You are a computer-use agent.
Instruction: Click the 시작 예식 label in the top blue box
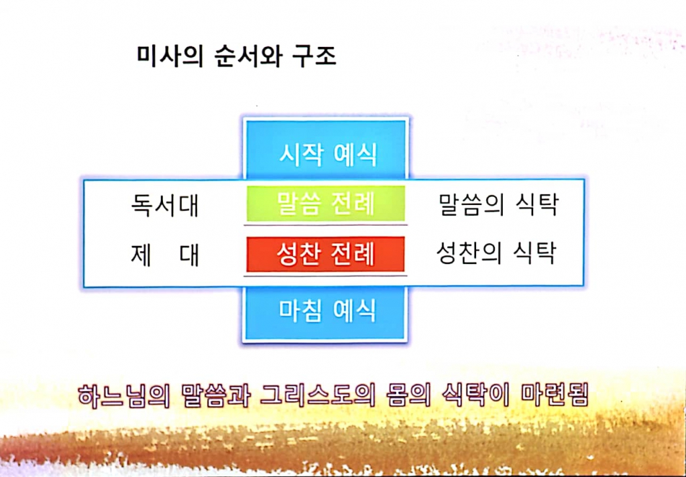pyautogui.click(x=328, y=155)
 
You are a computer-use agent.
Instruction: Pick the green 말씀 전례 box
pyautogui.click(x=326, y=204)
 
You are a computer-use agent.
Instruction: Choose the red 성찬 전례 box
pyautogui.click(x=325, y=255)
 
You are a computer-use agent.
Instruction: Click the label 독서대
pyautogui.click(x=165, y=205)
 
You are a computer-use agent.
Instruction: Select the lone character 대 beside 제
pyautogui.click(x=190, y=256)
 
